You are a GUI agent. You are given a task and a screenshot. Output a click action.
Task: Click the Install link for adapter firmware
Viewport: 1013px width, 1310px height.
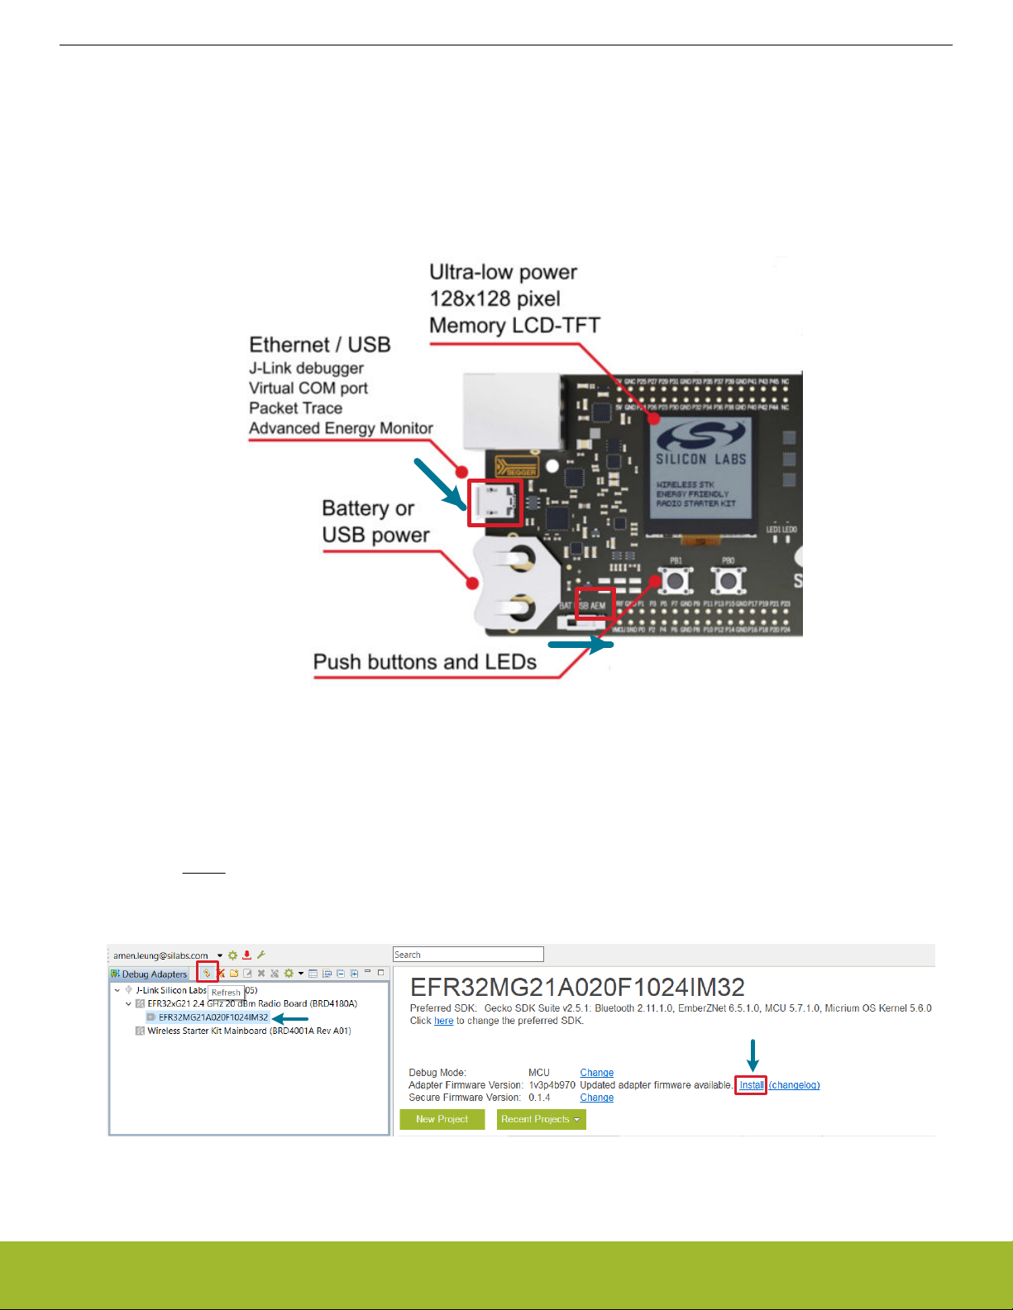(752, 1085)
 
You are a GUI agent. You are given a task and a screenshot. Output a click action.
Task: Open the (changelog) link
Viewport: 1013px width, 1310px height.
(795, 1085)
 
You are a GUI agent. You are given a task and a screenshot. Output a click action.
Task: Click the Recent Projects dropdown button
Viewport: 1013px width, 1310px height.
(541, 1119)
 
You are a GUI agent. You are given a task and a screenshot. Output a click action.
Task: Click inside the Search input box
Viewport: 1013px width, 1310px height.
(468, 955)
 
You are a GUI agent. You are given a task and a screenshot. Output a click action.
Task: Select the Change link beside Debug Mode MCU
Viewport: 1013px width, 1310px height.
(596, 1073)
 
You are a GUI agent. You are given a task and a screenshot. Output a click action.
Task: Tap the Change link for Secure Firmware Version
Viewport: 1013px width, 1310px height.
(596, 1098)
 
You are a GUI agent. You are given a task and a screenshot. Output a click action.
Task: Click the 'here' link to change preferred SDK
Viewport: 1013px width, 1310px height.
(444, 1021)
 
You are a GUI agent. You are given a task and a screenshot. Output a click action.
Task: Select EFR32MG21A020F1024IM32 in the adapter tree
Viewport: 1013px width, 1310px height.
(213, 1017)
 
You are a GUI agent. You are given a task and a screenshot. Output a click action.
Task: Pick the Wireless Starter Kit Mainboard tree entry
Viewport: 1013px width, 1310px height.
(249, 1031)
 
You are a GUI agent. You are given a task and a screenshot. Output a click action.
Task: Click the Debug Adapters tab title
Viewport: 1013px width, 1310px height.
(154, 974)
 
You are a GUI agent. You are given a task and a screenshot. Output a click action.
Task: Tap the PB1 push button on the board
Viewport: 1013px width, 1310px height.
(676, 581)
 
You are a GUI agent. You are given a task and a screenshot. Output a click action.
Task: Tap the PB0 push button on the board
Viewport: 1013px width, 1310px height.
(728, 581)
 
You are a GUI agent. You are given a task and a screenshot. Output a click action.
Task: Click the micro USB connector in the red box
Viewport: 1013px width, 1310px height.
(495, 503)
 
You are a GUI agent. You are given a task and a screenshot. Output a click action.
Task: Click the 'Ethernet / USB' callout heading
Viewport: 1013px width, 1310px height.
(320, 345)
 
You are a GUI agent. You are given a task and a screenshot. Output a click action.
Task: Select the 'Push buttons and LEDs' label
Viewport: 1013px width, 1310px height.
(424, 662)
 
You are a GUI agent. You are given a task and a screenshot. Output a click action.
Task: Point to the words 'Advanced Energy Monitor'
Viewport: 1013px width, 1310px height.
(341, 428)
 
